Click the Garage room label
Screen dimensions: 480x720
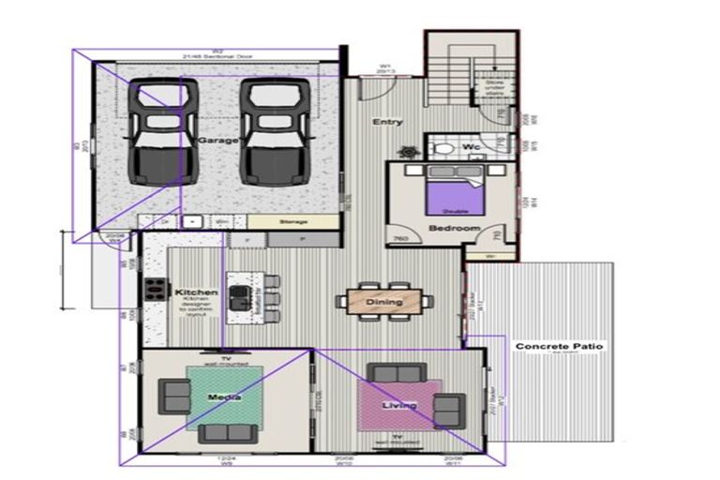(218, 140)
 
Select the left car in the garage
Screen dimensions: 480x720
(163, 131)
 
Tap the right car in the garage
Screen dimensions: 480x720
(275, 131)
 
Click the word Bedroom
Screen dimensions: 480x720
(454, 229)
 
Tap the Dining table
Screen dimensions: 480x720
(384, 301)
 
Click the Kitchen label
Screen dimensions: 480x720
(196, 293)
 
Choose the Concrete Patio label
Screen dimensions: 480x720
(560, 347)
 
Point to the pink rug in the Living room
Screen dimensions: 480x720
(399, 404)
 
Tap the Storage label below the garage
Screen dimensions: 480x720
(293, 222)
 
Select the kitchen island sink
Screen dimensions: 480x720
(240, 299)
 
